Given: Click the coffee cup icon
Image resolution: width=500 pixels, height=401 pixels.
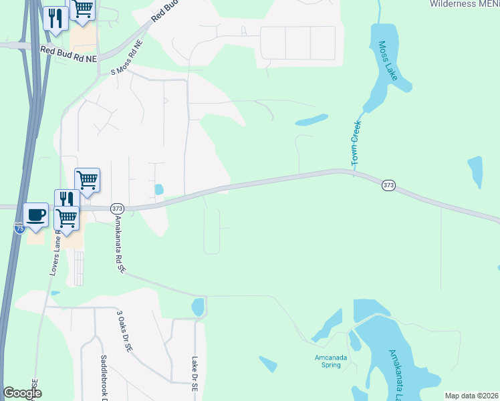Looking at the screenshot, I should coord(36,215).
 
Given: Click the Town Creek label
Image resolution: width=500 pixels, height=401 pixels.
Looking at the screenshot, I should coord(356,144).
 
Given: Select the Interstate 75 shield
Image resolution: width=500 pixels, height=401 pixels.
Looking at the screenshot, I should coord(20,228).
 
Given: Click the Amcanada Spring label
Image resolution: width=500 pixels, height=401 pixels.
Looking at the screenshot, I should coord(331,360).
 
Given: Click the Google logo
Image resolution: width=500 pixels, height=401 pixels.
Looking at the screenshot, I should coord(22,393).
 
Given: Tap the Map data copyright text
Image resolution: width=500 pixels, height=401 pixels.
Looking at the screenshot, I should coord(471,396).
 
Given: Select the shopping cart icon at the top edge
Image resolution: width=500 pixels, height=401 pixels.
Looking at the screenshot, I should coord(83,9).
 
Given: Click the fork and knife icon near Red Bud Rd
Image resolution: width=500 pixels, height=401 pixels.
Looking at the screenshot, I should coord(55,18).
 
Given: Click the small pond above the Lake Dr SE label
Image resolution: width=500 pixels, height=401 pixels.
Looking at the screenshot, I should coord(197,307).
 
